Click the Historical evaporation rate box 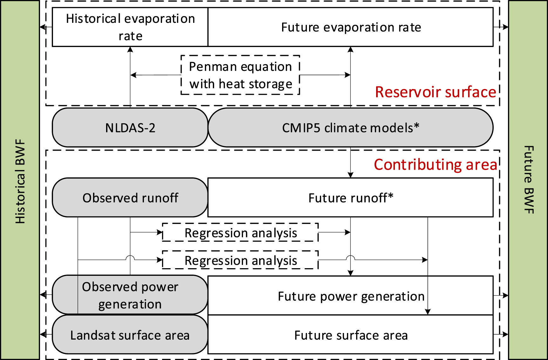(130, 27)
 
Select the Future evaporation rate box (350, 27)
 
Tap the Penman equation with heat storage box (240, 75)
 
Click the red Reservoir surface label (435, 92)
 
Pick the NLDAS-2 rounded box (130, 128)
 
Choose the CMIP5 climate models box (350, 128)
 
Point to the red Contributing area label (435, 165)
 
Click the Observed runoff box (130, 198)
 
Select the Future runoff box (350, 198)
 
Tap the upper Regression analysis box (240, 233)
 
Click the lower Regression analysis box (240, 260)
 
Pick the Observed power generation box (130, 295)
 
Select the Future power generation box (350, 296)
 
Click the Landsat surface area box (130, 335)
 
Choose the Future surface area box (350, 335)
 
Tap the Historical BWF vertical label (20, 181)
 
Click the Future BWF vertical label (528, 180)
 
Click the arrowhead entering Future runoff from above (350, 175)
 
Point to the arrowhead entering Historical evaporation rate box (130, 50)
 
